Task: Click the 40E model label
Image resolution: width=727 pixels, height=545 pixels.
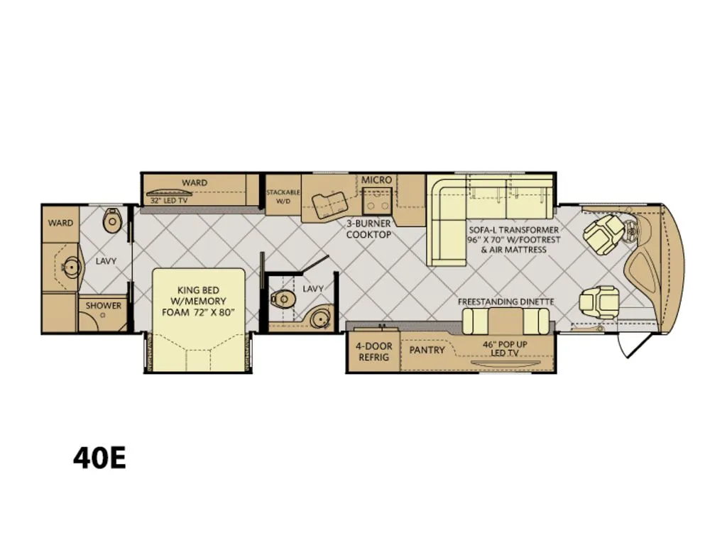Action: [99, 458]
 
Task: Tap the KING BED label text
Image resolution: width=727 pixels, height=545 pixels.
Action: [199, 290]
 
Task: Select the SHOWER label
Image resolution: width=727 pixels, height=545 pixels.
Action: [104, 306]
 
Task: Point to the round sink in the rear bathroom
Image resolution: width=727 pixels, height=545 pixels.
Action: [72, 268]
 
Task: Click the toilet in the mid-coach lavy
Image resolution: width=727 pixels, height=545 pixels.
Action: [283, 299]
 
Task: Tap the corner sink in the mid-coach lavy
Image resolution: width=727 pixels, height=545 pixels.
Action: [321, 319]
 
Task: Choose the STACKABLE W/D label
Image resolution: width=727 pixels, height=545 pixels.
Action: [283, 197]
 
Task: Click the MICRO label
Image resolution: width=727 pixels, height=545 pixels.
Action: [376, 180]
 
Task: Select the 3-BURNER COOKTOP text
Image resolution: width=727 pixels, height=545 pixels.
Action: [368, 229]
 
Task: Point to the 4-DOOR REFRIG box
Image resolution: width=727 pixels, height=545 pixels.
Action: [373, 351]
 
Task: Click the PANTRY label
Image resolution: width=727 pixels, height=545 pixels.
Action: [427, 350]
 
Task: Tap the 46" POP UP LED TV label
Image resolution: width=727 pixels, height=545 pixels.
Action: [505, 348]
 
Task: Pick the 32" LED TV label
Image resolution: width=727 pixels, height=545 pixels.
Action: [169, 201]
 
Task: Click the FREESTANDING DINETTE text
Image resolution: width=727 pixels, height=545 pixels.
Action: [505, 302]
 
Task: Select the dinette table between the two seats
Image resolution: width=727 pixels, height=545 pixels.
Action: [505, 321]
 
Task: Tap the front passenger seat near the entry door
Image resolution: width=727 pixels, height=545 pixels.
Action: [598, 300]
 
